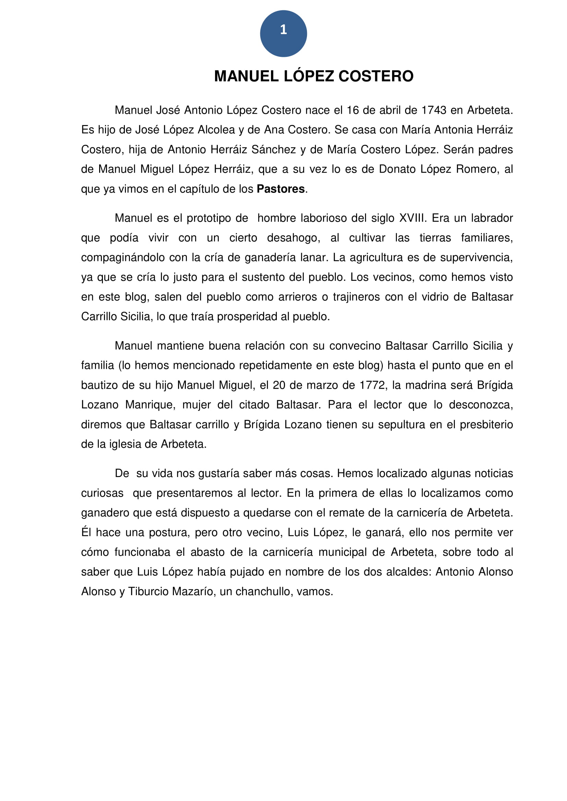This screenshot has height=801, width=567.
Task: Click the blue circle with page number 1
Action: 283,34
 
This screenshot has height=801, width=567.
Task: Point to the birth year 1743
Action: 434,110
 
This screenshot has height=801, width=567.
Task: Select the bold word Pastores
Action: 281,189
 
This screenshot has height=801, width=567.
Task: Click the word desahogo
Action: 293,238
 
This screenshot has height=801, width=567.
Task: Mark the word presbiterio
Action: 486,425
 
